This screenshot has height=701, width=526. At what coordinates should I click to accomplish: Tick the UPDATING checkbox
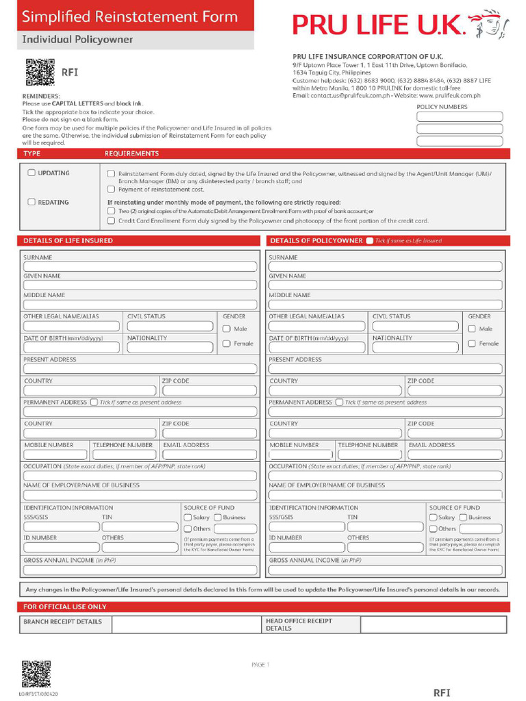[32, 173]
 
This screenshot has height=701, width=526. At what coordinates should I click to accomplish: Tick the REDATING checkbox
[32, 202]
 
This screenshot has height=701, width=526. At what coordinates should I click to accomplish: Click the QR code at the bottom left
[36, 674]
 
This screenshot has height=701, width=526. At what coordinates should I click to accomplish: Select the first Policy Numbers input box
[460, 116]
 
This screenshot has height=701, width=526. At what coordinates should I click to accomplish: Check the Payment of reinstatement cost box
[111, 190]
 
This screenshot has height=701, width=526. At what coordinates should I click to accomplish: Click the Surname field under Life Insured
[140, 267]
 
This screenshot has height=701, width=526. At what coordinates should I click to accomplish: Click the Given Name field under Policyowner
[386, 285]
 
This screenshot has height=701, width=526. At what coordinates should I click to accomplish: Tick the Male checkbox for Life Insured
[227, 329]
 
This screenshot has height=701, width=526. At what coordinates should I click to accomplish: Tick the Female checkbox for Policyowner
[472, 344]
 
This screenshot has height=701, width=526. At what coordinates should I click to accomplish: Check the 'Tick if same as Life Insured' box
[370, 241]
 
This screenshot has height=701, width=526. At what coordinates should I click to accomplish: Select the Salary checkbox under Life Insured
[188, 518]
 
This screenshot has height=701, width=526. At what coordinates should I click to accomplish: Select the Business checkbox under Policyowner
[463, 518]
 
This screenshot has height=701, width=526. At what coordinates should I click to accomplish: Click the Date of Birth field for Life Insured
[71, 348]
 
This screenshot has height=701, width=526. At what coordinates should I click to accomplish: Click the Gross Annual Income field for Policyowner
[386, 570]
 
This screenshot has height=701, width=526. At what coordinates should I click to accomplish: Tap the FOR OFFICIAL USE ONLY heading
[65, 607]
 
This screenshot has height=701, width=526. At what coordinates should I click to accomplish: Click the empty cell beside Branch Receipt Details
[186, 624]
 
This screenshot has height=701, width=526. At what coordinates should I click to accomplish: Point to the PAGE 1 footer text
[261, 665]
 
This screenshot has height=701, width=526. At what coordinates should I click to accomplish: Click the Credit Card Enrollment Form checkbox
[111, 221]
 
